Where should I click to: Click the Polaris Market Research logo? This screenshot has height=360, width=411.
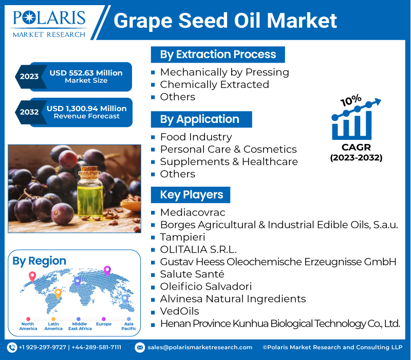pos(49,24)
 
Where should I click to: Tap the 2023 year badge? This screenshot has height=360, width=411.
pos(29,76)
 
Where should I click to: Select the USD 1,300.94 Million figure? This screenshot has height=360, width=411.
pos(86,109)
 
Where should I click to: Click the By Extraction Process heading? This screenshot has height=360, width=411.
pos(218,55)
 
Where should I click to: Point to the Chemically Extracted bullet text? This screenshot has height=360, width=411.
pos(214,84)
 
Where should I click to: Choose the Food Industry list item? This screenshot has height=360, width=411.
pos(196,137)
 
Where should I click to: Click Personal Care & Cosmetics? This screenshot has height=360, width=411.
pos(228,149)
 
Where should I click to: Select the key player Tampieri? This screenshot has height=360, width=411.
pos(183,237)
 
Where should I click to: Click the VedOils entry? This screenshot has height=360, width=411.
pos(179,311)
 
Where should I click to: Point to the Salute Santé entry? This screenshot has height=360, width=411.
pos(192,274)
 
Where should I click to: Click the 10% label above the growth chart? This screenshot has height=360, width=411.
pos(351,100)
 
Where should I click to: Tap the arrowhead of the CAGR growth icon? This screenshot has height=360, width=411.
pos(378,101)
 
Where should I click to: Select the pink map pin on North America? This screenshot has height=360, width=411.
pos(32,277)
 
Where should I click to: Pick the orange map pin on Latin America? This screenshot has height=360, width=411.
pos(58,294)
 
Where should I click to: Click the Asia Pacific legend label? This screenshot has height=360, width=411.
pos(129,326)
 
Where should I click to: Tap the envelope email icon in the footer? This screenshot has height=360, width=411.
pos(140,348)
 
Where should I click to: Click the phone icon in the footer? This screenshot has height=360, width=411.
pos(12,348)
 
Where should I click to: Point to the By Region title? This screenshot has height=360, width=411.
pos(40,261)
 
